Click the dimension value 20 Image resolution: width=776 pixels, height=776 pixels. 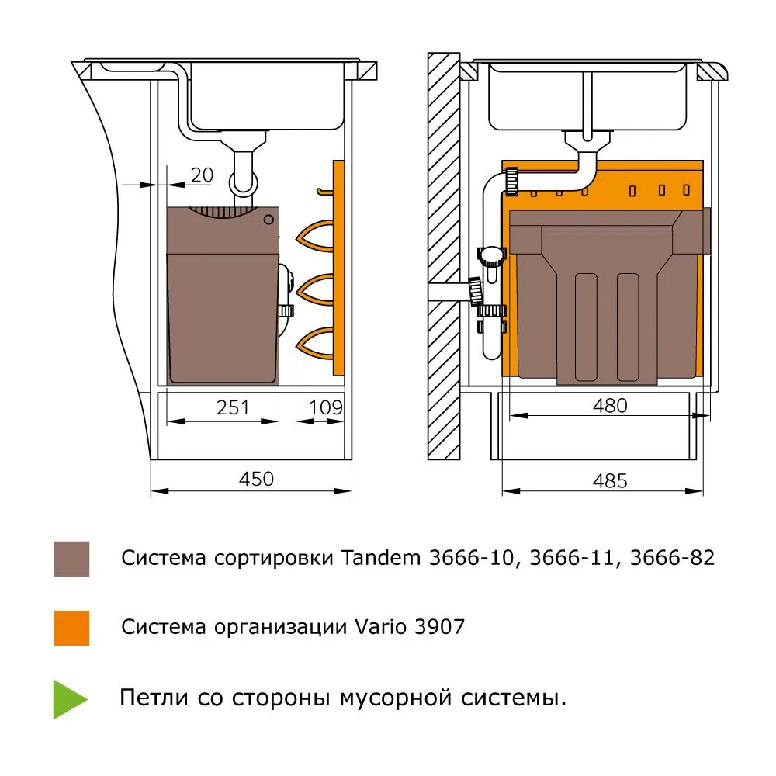tap(202, 175)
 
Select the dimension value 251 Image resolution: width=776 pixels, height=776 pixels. tap(234, 407)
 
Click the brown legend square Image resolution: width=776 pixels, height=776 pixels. tap(71, 559)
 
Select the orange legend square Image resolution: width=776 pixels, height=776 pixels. tap(71, 628)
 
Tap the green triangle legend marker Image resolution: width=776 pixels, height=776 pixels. tap(68, 698)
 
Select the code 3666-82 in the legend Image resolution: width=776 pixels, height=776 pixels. tap(672, 558)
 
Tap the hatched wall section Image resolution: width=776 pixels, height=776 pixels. tap(444, 256)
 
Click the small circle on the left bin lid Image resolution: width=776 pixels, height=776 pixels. tap(269, 220)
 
